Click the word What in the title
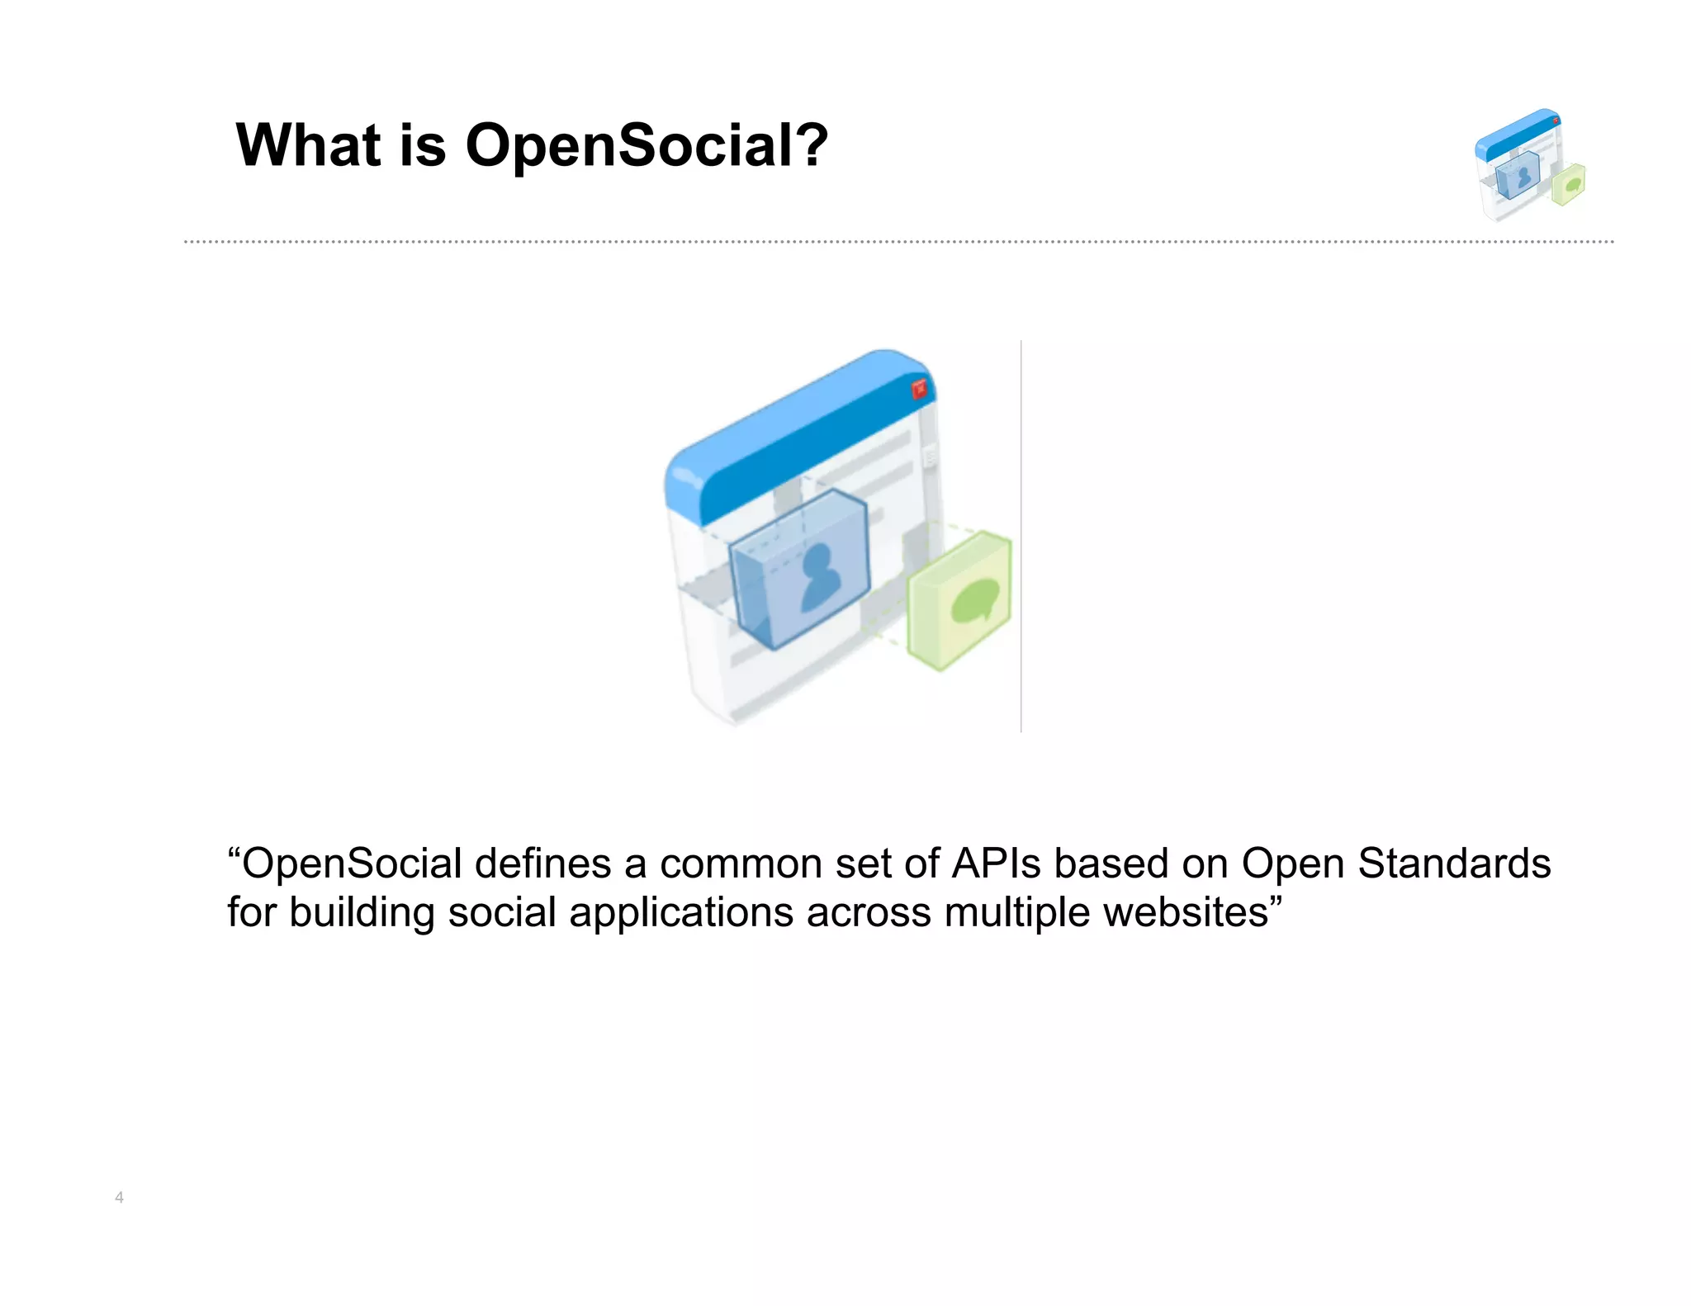pos(308,145)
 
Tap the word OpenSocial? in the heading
pos(647,145)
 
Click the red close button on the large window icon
pos(918,390)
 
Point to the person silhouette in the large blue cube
pos(818,577)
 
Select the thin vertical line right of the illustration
pos(1021,537)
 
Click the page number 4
pos(119,1197)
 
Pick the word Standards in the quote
pos(1454,864)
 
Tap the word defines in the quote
pos(542,864)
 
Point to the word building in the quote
pos(362,912)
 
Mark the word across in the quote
pos(869,912)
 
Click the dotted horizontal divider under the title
pos(898,242)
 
